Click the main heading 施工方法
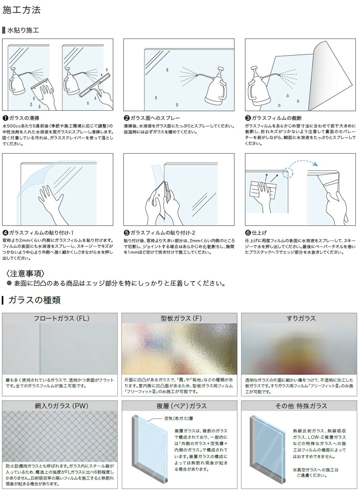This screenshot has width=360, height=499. [x=21, y=9]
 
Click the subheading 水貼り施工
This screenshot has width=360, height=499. [x=23, y=30]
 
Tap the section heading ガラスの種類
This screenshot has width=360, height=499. [x=35, y=300]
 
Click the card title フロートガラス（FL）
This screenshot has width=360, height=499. [x=61, y=319]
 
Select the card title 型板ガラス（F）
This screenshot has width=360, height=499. [x=180, y=319]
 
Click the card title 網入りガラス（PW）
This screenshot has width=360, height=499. [x=61, y=406]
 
